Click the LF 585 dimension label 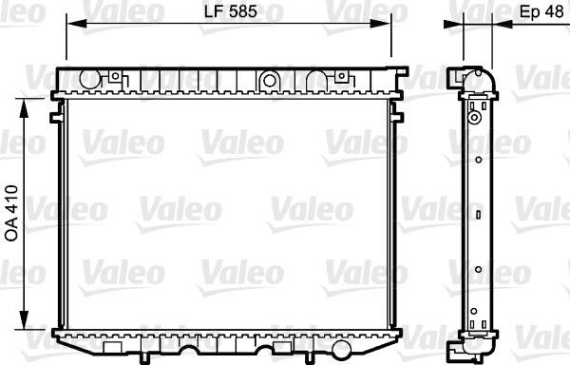pos(231,11)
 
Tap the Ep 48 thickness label pos(541,11)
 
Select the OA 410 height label pos(11,213)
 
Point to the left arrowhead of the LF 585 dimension pos(77,24)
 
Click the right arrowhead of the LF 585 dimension pos(380,24)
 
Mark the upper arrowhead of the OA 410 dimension pos(24,108)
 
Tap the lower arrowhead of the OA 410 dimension pos(24,320)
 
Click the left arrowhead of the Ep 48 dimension pos(454,24)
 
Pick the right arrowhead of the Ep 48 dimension pos(502,24)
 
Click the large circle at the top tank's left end pos(89,79)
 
